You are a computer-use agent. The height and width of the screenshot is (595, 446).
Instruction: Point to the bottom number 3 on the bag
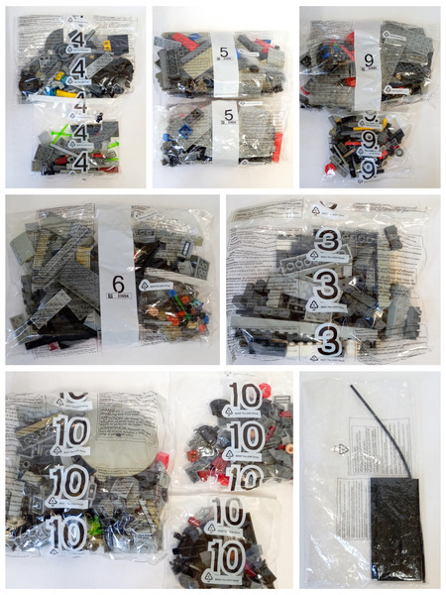pos(328,340)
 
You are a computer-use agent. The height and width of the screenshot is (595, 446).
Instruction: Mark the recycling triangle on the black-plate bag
pos(343,448)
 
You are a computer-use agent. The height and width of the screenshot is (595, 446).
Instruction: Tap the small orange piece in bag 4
pos(103,45)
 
